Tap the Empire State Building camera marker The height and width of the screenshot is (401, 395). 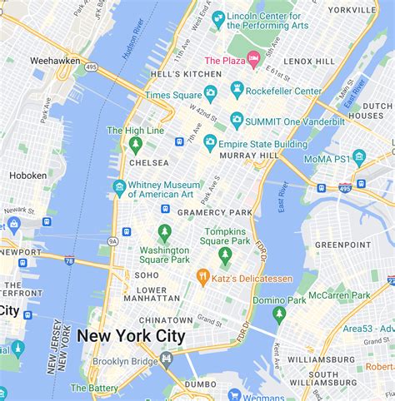pyautogui.click(x=210, y=143)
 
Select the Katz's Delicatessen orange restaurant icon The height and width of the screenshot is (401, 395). pyautogui.click(x=202, y=275)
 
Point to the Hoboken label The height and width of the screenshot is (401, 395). pyautogui.click(x=27, y=176)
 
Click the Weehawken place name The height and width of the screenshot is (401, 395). pyautogui.click(x=53, y=61)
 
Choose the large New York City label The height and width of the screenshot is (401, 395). pyautogui.click(x=131, y=336)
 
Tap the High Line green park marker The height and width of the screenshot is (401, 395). pyautogui.click(x=135, y=145)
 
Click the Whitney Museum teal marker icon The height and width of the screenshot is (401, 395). pyautogui.click(x=120, y=186)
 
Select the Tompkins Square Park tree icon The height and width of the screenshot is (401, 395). pyautogui.click(x=224, y=255)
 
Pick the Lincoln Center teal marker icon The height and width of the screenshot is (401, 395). pyautogui.click(x=218, y=17)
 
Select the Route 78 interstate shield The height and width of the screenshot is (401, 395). pyautogui.click(x=69, y=260)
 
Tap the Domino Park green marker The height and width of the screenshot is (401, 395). pyautogui.click(x=279, y=313)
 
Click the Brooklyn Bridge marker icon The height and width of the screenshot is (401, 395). pyautogui.click(x=166, y=360)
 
